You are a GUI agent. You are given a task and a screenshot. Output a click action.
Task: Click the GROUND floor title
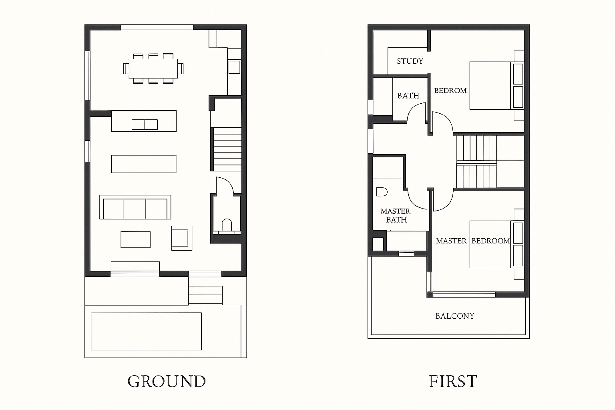click(167, 381)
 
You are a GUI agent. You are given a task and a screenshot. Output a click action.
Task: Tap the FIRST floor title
click(453, 381)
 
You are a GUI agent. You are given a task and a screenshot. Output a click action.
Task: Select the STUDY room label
click(410, 61)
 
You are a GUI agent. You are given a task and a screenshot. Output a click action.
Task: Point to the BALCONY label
click(455, 316)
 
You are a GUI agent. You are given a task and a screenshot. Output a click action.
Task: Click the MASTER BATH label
click(395, 215)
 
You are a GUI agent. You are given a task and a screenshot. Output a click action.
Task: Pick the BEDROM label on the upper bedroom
click(450, 90)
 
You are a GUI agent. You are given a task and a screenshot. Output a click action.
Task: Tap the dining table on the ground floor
click(153, 68)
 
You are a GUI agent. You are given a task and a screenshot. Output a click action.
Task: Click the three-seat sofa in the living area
click(135, 207)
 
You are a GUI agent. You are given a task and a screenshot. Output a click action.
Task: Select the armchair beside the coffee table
click(182, 238)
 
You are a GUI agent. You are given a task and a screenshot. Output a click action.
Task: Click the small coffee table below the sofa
click(136, 239)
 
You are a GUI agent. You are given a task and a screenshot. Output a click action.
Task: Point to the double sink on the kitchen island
click(145, 125)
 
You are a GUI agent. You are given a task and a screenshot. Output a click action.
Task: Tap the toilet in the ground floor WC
click(227, 225)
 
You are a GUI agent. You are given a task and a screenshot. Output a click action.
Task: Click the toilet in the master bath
click(382, 192)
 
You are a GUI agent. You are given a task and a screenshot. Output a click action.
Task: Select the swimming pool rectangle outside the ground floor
click(146, 332)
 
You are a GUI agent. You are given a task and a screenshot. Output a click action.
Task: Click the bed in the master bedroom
click(496, 244)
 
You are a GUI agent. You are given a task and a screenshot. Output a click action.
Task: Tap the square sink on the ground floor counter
click(234, 67)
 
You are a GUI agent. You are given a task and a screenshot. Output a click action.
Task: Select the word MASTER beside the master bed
click(451, 241)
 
